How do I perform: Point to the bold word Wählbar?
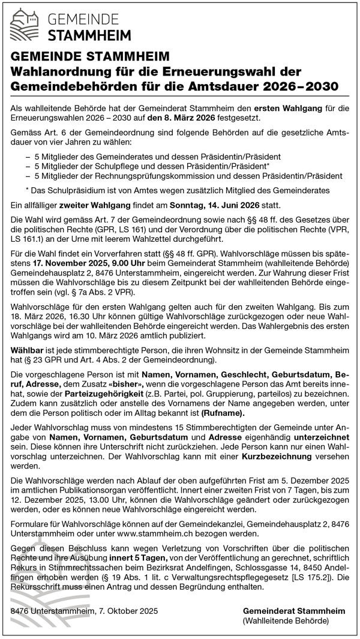(x=27, y=349)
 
